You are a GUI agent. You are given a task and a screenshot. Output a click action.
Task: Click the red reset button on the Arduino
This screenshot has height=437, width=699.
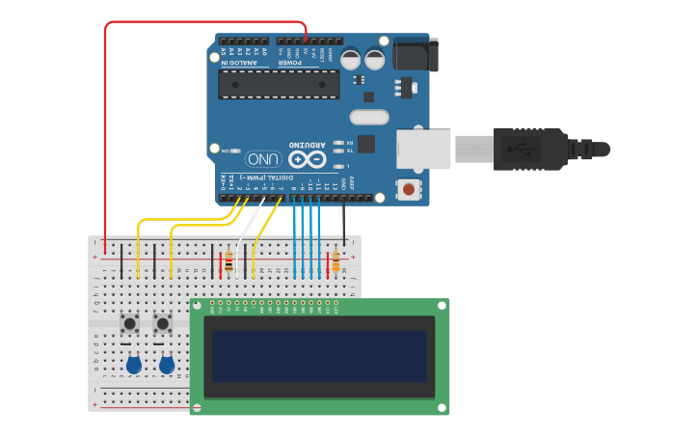(x=410, y=189)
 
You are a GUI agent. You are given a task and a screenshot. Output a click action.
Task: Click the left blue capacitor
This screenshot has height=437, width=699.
(x=134, y=365)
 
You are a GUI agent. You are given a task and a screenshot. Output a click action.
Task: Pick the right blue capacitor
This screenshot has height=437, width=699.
(x=167, y=365)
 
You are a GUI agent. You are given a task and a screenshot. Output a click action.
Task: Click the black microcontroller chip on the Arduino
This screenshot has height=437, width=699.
(x=278, y=84)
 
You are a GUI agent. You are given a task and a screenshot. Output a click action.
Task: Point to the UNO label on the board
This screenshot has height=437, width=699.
(x=264, y=159)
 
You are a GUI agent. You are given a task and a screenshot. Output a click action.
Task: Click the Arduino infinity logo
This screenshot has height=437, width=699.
(x=308, y=159)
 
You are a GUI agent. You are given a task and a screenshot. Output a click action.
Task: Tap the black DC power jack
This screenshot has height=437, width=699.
(x=415, y=54)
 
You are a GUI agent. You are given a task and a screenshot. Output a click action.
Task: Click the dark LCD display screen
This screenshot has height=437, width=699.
(x=319, y=358)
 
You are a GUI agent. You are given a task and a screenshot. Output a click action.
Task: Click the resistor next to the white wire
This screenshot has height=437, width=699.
(x=229, y=262)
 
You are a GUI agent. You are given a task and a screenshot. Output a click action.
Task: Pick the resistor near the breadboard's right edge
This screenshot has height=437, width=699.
(x=336, y=261)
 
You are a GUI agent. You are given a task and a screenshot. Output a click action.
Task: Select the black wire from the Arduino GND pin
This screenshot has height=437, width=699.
(x=344, y=222)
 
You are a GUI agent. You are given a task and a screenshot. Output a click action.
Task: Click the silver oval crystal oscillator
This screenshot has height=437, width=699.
(x=368, y=118)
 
